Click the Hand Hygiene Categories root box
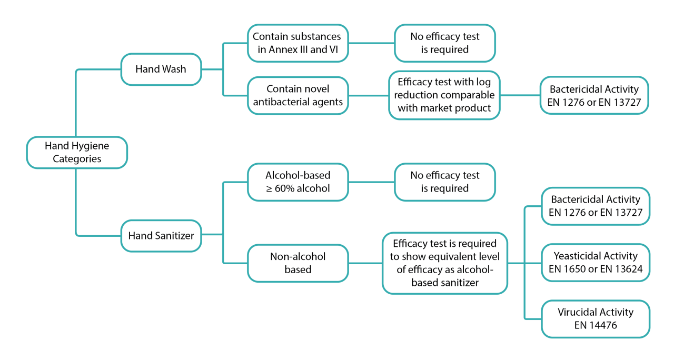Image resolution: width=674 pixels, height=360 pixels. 77,152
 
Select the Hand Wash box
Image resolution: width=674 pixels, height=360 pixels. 161,69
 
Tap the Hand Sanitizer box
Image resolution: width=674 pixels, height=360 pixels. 161,235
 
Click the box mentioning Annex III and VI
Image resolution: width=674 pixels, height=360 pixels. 298,43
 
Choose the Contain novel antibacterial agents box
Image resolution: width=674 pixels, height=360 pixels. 298,95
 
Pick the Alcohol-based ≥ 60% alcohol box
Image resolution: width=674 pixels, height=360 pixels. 298,182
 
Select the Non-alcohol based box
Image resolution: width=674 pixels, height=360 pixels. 298,263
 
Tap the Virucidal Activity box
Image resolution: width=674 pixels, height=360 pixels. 596,318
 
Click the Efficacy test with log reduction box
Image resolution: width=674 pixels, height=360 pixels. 444,95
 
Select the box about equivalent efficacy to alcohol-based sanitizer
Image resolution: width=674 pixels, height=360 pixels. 444,263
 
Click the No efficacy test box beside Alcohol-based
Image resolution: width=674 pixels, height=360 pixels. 444,182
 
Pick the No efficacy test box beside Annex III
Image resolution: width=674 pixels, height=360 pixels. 444,43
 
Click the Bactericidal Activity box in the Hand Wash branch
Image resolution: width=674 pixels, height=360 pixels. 594,95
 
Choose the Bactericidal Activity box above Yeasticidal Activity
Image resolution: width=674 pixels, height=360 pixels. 596,206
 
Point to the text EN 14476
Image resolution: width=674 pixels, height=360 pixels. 596,325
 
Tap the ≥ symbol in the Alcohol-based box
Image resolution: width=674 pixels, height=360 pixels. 269,188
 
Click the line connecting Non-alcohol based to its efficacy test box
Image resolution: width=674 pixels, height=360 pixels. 365,263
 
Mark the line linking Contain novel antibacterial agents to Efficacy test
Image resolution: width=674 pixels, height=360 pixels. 368,95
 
